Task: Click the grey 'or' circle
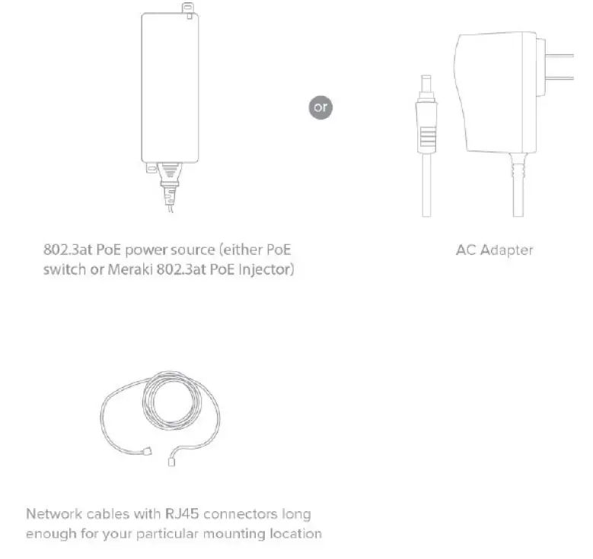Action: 320,106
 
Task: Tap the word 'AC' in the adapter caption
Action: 466,249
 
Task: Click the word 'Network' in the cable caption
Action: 52,514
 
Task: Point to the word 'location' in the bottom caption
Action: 295,534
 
